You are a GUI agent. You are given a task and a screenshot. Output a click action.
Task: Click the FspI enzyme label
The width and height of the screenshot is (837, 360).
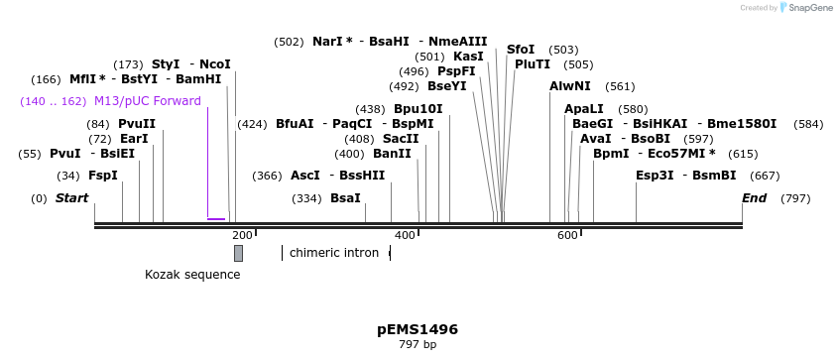103,176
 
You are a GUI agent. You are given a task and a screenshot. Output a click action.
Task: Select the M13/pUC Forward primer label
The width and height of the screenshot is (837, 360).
148,101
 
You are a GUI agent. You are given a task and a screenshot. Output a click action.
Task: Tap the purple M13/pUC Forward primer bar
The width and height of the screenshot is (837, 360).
216,218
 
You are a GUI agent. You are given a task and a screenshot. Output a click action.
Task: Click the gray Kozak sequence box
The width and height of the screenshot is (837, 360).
238,253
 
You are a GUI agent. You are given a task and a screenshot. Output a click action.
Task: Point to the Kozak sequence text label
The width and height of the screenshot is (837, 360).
192,274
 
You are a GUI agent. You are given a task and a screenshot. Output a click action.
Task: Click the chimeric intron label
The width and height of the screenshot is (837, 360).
334,253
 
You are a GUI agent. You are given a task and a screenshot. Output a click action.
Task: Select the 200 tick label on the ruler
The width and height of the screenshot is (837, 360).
241,235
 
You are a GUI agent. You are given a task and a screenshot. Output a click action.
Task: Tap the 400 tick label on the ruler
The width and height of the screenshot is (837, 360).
405,235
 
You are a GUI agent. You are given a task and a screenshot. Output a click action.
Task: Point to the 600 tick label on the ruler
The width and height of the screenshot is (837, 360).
567,235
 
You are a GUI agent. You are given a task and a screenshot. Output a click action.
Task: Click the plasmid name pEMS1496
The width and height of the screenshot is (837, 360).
418,329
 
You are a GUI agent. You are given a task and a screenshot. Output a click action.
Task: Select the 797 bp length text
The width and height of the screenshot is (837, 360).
418,345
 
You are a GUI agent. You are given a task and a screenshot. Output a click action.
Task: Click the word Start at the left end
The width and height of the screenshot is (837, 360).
71,198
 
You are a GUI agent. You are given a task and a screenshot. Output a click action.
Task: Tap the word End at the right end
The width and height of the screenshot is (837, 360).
754,198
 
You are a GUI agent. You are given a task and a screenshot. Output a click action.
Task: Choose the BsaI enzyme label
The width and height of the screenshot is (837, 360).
345,198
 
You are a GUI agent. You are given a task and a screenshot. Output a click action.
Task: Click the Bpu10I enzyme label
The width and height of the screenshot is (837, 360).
418,109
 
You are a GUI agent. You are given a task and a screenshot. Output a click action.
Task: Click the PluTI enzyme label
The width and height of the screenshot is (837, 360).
533,64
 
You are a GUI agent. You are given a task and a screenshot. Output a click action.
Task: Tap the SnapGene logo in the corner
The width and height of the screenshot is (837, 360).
808,8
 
